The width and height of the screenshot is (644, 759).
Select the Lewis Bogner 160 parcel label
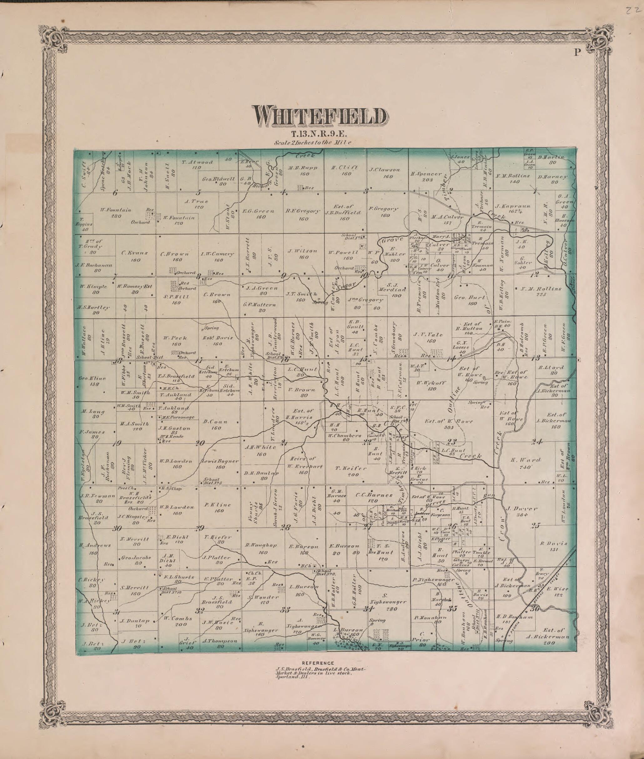pos(220,464)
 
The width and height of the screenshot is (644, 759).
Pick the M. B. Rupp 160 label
pos(303,171)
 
